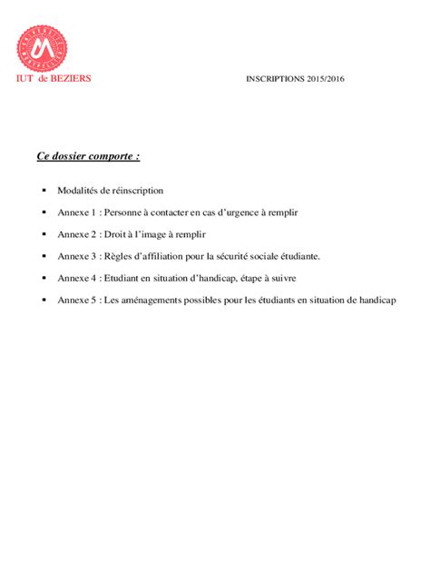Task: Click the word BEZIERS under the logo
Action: pos(72,78)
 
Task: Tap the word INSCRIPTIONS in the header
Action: pos(275,79)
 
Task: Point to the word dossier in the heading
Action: pos(69,156)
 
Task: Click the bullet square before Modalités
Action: pos(44,191)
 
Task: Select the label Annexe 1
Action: pos(76,212)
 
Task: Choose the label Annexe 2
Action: pos(76,234)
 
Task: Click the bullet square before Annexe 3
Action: pos(44,256)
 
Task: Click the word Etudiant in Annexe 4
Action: pos(123,278)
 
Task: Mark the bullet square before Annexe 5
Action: pos(44,300)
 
